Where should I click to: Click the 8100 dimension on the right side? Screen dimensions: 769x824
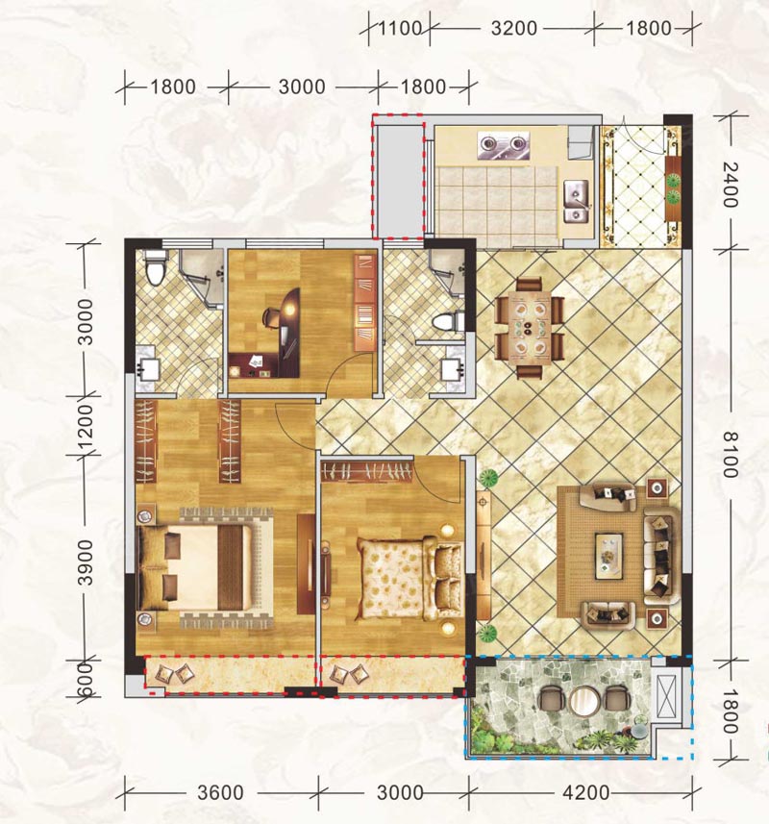pyautogui.click(x=731, y=455)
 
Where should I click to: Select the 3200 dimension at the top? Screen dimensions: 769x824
pyautogui.click(x=513, y=28)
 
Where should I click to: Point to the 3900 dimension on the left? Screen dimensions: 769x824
pyautogui.click(x=85, y=562)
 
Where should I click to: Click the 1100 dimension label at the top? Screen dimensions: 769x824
pyautogui.click(x=400, y=28)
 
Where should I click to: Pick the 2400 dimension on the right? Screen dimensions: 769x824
pyautogui.click(x=731, y=185)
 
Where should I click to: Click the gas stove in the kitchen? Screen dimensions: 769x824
pyautogui.click(x=503, y=144)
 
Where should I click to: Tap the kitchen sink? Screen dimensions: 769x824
pyautogui.click(x=577, y=201)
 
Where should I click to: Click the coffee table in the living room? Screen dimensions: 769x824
pyautogui.click(x=609, y=557)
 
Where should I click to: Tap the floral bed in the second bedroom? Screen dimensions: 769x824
pyautogui.click(x=409, y=578)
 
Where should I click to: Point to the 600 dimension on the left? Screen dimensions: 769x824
pyautogui.click(x=85, y=680)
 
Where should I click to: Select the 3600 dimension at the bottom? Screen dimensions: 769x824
pyautogui.click(x=221, y=792)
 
